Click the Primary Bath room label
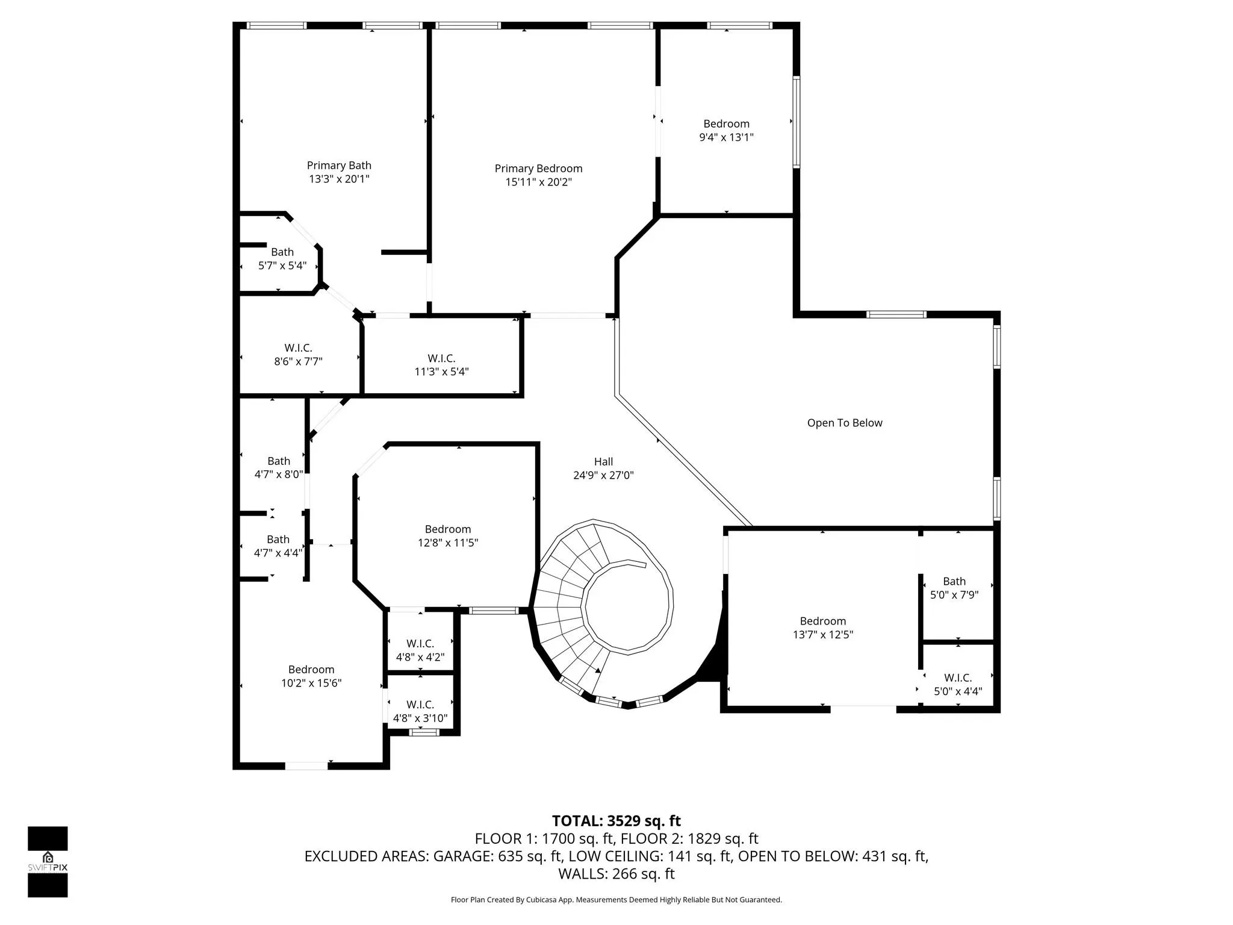(339, 166)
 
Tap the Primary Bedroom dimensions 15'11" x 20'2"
(538, 182)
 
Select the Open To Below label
(845, 423)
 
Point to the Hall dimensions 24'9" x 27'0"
(603, 475)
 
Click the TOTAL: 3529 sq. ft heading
(616, 821)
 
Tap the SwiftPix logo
(48, 862)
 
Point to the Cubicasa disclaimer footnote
(616, 900)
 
